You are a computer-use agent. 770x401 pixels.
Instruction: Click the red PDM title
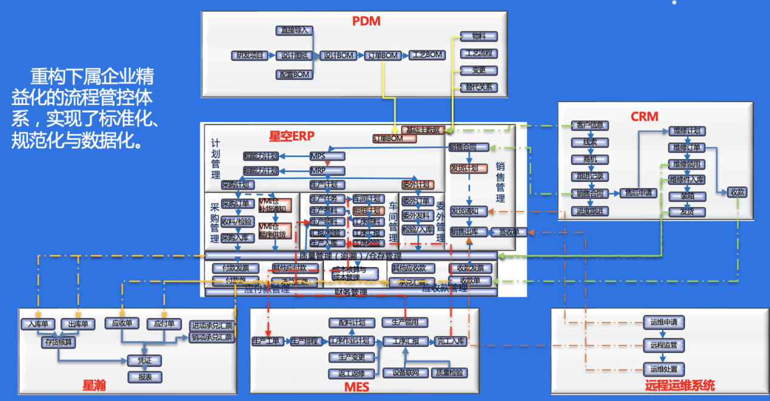click(366, 21)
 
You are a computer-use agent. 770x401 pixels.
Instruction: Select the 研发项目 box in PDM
click(249, 55)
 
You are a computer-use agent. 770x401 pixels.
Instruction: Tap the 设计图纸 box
click(293, 55)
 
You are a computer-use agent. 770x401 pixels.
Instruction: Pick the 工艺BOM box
click(427, 55)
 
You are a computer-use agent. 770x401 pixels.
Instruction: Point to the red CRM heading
click(644, 116)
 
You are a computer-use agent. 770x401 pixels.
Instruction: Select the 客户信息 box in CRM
click(589, 126)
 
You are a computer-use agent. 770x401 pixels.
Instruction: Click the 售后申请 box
click(639, 194)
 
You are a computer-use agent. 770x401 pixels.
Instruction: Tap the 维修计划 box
click(687, 131)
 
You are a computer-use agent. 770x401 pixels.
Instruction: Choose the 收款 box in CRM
click(737, 192)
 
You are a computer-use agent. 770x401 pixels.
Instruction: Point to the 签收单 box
click(508, 232)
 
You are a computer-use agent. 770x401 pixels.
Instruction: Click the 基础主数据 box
click(423, 130)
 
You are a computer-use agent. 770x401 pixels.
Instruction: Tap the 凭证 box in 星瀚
click(144, 360)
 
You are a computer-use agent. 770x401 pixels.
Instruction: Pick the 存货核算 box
click(59, 342)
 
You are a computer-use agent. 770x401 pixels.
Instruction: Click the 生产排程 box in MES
click(304, 341)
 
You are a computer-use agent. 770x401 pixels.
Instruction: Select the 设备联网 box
click(406, 372)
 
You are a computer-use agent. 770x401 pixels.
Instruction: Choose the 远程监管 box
click(663, 345)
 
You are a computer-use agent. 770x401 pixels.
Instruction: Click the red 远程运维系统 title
click(680, 385)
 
